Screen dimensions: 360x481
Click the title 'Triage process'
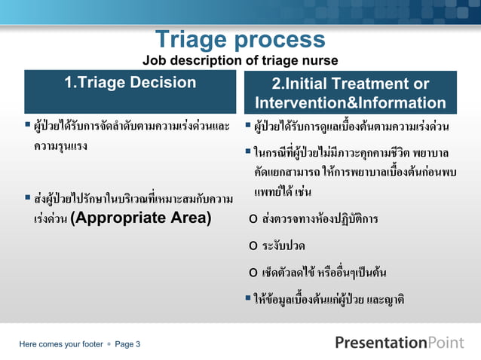240,40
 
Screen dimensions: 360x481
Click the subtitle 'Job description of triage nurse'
240,61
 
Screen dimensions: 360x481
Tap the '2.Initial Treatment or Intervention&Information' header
350,93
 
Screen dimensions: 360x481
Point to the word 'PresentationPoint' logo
400,343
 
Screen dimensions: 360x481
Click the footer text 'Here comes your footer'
61,344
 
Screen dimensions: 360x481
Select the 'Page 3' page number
127,344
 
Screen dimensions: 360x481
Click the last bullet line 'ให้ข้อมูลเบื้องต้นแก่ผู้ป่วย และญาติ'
329,299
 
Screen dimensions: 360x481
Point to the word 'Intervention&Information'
350,102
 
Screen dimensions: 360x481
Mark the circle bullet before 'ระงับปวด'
253,246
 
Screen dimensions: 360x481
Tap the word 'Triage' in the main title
191,40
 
